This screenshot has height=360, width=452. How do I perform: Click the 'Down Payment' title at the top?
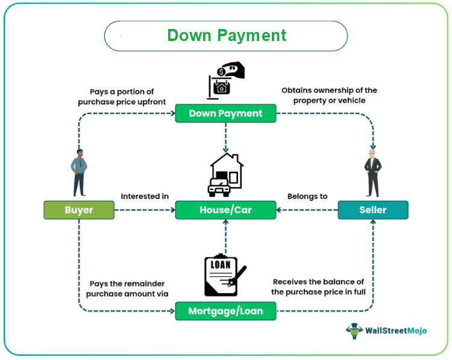[x=226, y=36]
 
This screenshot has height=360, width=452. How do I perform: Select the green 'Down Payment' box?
[x=225, y=113]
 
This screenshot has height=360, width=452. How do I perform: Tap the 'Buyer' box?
[x=79, y=210]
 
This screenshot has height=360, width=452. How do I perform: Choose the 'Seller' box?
[x=372, y=210]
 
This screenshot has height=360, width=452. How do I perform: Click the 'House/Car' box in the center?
[x=225, y=210]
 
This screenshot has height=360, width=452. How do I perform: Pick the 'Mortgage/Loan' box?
[x=225, y=311]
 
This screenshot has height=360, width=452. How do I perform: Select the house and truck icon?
[x=225, y=174]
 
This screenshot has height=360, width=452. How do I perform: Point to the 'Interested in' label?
[x=145, y=197]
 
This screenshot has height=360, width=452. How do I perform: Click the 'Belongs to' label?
[x=307, y=197]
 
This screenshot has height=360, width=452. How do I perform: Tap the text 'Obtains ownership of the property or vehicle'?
[x=329, y=95]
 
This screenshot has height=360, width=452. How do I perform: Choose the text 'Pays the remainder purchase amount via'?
[x=127, y=288]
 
